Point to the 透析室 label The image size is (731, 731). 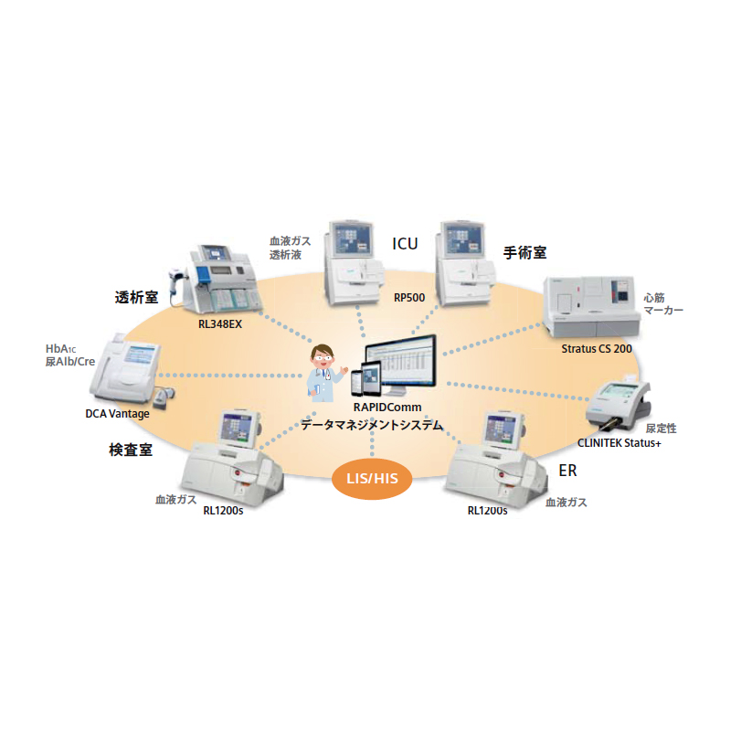(x=137, y=297)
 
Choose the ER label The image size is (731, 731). (x=567, y=471)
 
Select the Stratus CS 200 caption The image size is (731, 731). (x=596, y=348)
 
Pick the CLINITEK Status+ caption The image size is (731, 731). (x=619, y=443)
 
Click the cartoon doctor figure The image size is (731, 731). (x=324, y=369)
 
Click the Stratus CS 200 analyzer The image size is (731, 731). (x=589, y=306)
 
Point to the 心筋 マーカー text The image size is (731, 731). (x=662, y=303)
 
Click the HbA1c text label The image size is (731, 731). (x=63, y=350)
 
